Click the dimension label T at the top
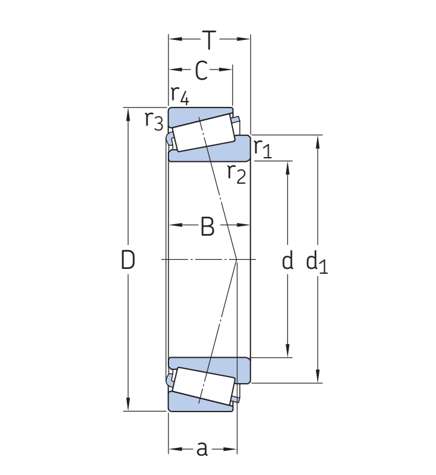pyautogui.click(x=210, y=40)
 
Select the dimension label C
pyautogui.click(x=202, y=71)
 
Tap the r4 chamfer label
pyautogui.click(x=180, y=95)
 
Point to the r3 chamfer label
pyautogui.click(x=154, y=121)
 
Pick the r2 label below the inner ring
pyautogui.click(x=237, y=173)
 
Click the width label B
pyautogui.click(x=208, y=227)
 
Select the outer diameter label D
pyautogui.click(x=128, y=260)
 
